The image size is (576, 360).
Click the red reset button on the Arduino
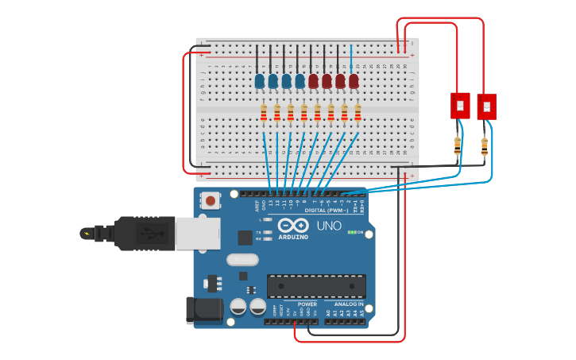coord(210,201)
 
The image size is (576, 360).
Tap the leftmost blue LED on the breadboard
coord(260,81)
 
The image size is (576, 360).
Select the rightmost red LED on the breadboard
coord(354,81)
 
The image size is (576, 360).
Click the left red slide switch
coord(460,105)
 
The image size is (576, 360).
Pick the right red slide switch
coord(486,106)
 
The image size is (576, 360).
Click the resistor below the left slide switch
coord(458,145)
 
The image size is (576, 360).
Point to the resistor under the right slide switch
coord(485,146)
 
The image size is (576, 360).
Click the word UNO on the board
coord(329,226)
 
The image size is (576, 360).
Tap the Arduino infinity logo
coord(293,226)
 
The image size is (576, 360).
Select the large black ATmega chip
coord(316,286)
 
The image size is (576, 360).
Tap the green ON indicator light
coord(351,233)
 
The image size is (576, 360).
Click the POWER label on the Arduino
coord(307,304)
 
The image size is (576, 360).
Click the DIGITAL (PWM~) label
coord(331,210)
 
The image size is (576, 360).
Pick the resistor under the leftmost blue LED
coord(264,114)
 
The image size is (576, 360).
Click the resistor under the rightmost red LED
coord(358,114)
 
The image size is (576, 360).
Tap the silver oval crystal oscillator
coord(242,259)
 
